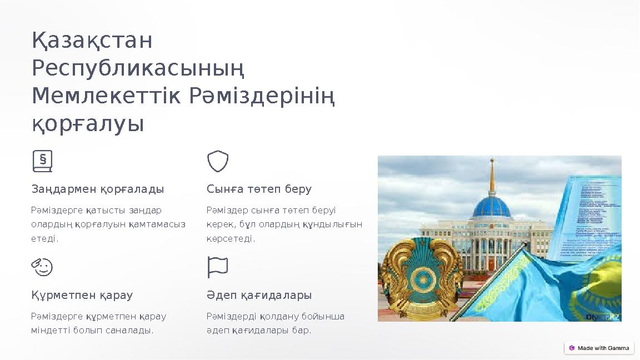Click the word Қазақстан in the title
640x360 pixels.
(92, 41)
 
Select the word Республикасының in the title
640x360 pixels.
(138, 69)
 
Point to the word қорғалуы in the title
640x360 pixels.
(88, 124)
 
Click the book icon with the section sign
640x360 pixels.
(42, 161)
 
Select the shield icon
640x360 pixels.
(218, 161)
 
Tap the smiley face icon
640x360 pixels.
(42, 267)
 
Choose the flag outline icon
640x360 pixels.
(218, 267)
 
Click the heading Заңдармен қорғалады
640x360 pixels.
(98, 189)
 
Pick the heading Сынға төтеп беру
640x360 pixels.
(259, 189)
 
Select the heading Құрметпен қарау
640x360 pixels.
(82, 295)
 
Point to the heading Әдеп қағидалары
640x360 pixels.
(259, 295)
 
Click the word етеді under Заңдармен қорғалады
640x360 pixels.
(44, 239)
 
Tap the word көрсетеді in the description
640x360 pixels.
(231, 239)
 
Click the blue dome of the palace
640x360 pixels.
(491, 206)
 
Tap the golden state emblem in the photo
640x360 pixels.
(422, 278)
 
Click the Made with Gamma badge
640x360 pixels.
(599, 348)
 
